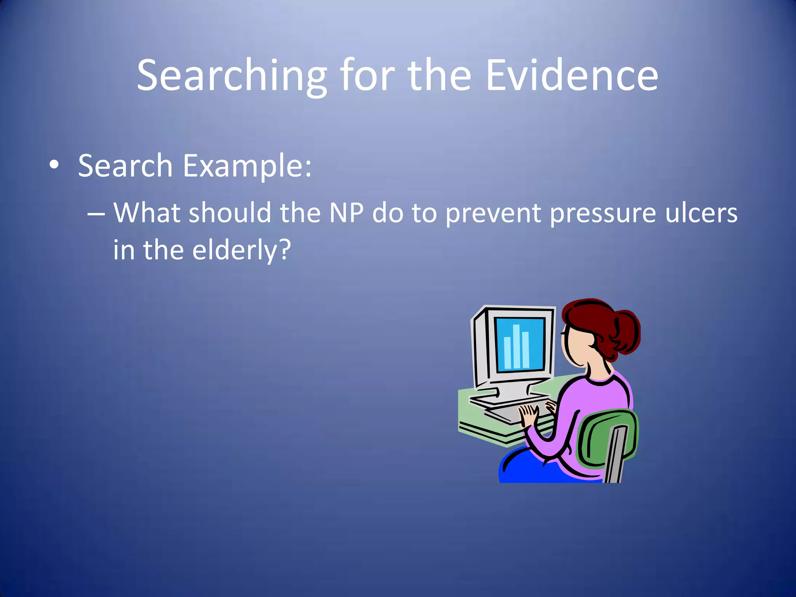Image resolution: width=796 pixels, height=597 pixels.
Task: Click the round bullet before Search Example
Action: click(54, 165)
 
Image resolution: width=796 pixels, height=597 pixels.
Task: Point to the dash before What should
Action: click(96, 214)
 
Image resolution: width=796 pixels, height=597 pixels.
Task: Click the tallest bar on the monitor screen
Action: click(516, 346)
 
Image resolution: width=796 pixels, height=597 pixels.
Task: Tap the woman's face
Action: click(575, 346)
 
